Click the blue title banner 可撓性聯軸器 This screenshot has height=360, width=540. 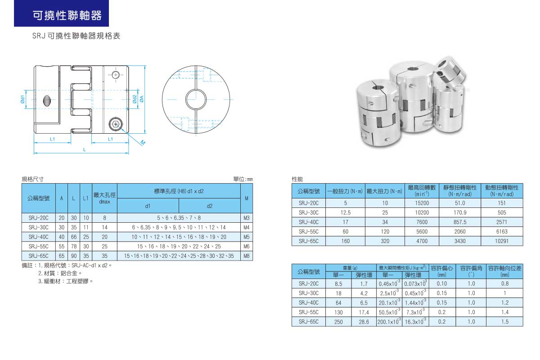62,13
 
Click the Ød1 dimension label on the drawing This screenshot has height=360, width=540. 22,99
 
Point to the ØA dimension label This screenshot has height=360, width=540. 141,99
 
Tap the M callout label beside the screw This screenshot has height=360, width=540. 143,143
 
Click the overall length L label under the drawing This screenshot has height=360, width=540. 85,150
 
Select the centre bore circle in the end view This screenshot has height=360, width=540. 196,99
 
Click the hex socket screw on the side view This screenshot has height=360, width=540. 116,124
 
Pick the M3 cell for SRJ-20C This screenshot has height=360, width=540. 247,218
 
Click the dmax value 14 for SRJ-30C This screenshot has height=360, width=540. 104,227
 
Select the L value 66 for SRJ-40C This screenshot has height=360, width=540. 74,237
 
